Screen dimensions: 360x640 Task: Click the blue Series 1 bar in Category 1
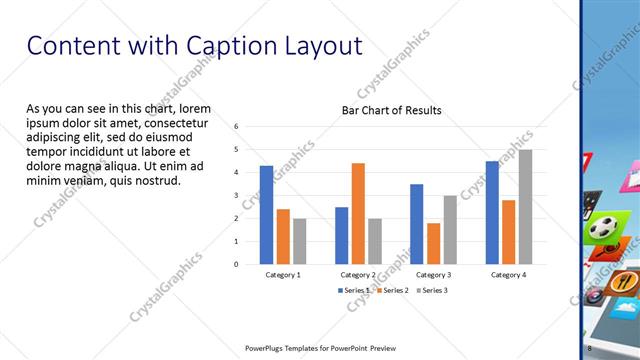coord(266,214)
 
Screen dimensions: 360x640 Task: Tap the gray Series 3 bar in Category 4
coord(525,207)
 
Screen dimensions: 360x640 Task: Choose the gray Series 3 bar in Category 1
coord(300,241)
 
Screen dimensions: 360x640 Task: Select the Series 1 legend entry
coord(356,290)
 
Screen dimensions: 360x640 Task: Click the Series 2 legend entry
coord(392,290)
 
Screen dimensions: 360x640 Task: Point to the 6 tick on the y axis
coord(236,127)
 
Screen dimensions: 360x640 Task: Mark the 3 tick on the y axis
coord(236,195)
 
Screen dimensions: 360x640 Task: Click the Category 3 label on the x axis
coord(433,273)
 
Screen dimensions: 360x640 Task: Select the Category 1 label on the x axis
coord(283,273)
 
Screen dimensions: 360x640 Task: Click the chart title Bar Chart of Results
coord(391,110)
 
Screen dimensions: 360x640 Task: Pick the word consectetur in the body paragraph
coord(185,121)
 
